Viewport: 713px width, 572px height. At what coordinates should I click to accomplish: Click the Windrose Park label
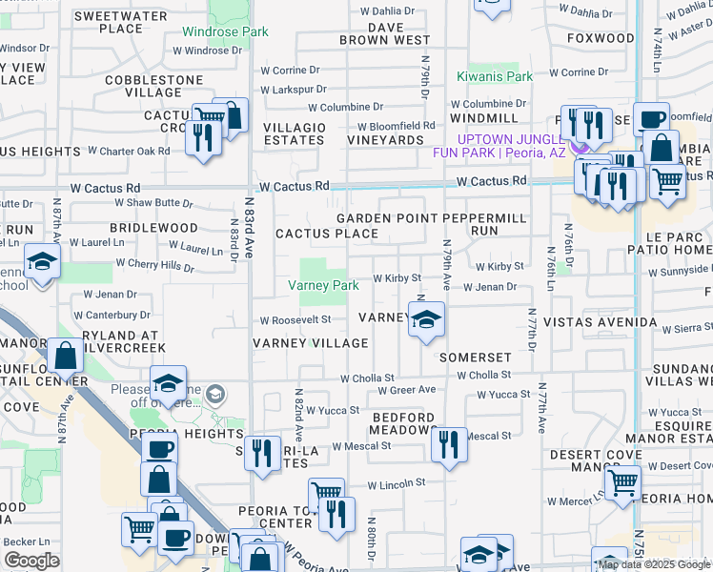225,31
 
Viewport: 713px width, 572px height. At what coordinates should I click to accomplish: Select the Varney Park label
324,285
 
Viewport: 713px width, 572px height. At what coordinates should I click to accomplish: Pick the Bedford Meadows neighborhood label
403,423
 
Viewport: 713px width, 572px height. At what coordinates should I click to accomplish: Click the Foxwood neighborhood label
600,38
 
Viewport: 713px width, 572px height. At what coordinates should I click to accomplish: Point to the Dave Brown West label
385,34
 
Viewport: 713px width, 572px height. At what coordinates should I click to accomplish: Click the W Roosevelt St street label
295,320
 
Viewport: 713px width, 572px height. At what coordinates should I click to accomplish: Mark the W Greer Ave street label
406,390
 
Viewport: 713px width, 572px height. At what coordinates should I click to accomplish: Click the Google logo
32,561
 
